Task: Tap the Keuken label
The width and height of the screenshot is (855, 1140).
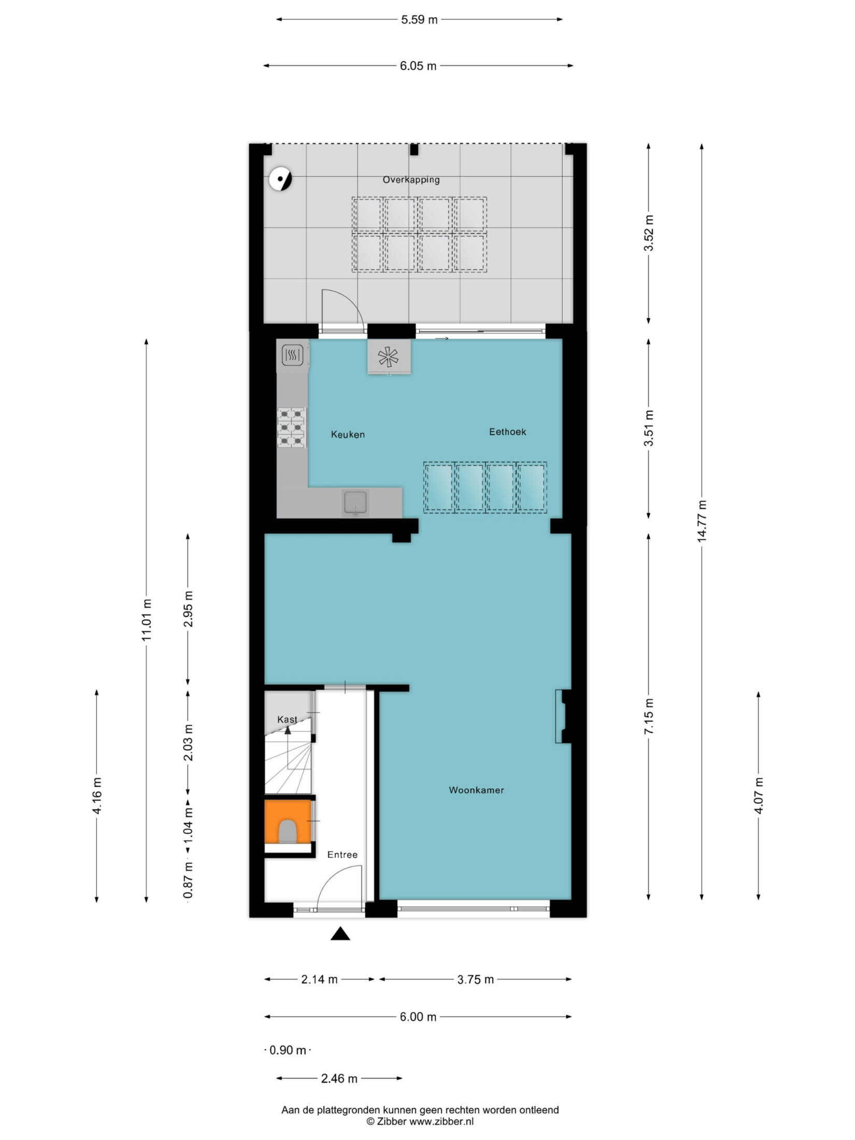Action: pyautogui.click(x=348, y=434)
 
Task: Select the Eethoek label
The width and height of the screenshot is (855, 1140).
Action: pyautogui.click(x=507, y=432)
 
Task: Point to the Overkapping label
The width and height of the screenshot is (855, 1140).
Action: pyautogui.click(x=411, y=180)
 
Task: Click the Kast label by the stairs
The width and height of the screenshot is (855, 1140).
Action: pyautogui.click(x=287, y=719)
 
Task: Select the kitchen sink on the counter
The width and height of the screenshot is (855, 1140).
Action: pyautogui.click(x=355, y=503)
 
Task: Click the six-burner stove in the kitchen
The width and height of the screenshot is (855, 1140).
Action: pyautogui.click(x=291, y=427)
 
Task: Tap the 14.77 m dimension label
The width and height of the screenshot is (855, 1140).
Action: pyautogui.click(x=702, y=521)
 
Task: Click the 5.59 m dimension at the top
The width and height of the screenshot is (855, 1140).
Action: pyautogui.click(x=419, y=20)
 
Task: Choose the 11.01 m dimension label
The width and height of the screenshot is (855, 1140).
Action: pyautogui.click(x=147, y=620)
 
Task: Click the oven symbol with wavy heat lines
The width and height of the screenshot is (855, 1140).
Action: pyautogui.click(x=292, y=355)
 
